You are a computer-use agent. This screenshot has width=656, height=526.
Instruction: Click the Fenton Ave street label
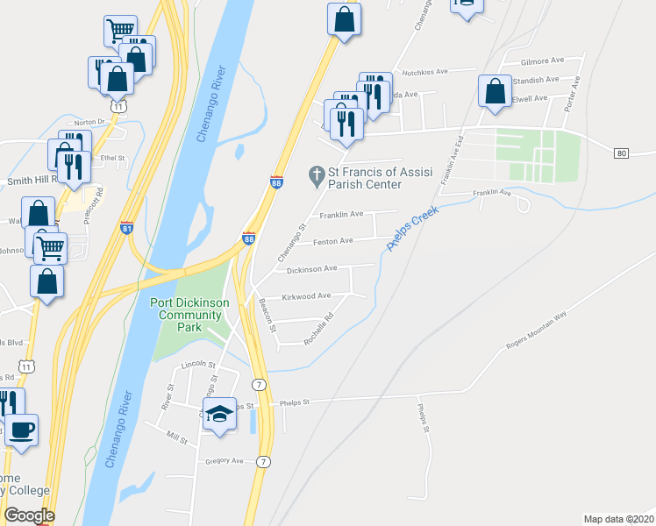(334, 240)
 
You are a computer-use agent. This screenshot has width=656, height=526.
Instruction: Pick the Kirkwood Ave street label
(305, 296)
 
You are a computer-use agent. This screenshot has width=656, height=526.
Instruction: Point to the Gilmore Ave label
(542, 61)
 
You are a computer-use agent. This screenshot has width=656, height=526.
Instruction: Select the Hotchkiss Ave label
(424, 73)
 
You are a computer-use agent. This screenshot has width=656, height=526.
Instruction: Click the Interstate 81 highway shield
(126, 228)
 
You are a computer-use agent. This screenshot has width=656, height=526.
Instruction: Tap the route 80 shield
(622, 153)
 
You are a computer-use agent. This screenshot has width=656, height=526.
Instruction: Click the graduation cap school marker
(220, 413)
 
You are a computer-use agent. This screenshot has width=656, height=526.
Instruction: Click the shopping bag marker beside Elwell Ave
(496, 91)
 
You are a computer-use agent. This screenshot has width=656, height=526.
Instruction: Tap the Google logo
(29, 515)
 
